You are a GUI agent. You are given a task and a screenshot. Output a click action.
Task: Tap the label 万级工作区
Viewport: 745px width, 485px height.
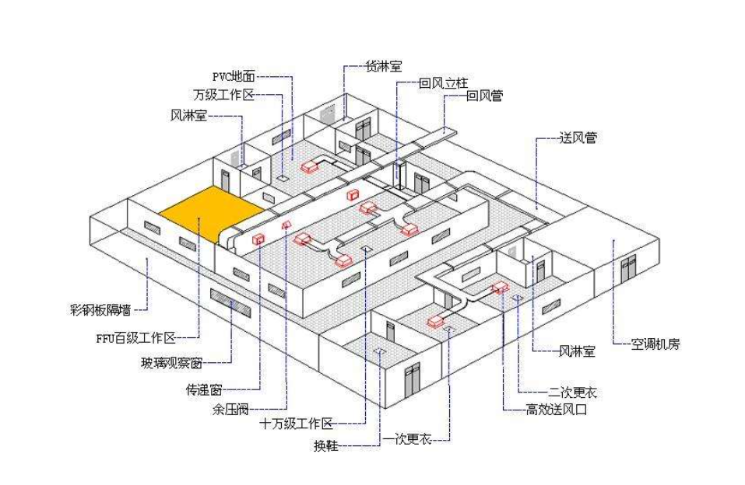[x=224, y=96]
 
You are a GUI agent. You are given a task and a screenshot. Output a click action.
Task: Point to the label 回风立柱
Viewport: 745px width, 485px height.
[x=441, y=82]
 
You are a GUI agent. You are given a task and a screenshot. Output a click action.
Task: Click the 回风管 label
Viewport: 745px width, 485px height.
[x=484, y=97]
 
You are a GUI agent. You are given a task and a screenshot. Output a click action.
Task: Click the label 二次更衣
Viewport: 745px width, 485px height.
[x=573, y=393]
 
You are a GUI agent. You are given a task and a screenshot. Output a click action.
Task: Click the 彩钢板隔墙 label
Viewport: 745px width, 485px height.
[x=100, y=310]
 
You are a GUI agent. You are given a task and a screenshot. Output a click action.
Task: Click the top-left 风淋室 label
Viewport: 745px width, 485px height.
[x=188, y=116]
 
